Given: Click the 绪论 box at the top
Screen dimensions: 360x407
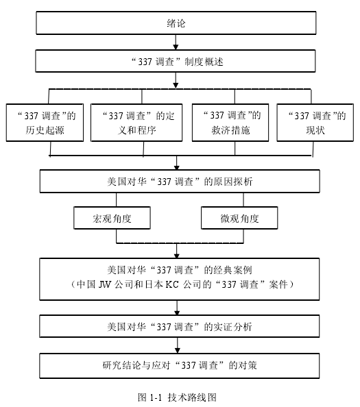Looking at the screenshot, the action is click(x=176, y=23).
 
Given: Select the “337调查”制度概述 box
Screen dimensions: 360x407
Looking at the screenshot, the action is click(x=176, y=61).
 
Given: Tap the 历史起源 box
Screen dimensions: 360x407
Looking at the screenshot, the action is click(x=45, y=123).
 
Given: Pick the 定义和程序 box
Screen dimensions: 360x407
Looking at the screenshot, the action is click(x=136, y=123).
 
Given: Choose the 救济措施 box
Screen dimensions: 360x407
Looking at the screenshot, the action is click(x=230, y=123).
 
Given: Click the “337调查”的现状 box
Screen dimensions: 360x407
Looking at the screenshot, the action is click(x=315, y=123).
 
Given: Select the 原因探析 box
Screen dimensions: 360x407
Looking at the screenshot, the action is click(x=180, y=181).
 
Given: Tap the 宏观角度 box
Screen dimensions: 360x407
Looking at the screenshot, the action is click(x=112, y=218).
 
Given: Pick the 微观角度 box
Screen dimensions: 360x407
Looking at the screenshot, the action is click(x=239, y=218).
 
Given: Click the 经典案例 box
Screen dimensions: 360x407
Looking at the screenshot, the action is click(x=179, y=279).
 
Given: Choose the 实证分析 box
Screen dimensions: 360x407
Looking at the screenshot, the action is click(x=179, y=326).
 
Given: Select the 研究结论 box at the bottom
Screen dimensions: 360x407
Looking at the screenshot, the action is click(x=179, y=365).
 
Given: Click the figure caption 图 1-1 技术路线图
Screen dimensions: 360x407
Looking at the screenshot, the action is click(x=177, y=397).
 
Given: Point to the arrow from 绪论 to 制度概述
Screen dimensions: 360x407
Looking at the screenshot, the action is click(x=176, y=42).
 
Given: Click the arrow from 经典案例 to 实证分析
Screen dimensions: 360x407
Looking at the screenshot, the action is click(x=177, y=308).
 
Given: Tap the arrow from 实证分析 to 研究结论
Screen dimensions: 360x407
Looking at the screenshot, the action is click(x=178, y=345).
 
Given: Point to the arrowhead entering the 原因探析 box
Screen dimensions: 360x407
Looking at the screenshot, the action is click(x=177, y=168).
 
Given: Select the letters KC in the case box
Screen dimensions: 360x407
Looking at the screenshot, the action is click(x=172, y=284).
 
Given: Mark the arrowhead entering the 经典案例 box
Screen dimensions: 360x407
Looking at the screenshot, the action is click(x=177, y=256).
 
